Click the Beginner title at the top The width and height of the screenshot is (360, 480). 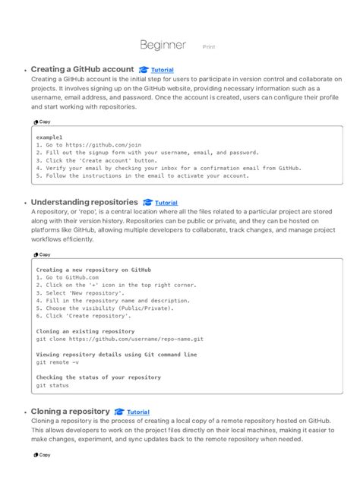(163, 46)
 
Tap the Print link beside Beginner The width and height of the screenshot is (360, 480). (209, 47)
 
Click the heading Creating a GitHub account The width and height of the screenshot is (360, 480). (83, 69)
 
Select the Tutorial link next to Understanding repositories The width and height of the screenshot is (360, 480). (166, 203)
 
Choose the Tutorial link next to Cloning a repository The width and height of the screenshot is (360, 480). (137, 412)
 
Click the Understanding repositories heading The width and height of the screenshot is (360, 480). (84, 202)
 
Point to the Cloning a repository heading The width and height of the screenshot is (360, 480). (70, 411)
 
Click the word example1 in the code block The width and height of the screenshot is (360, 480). (49, 137)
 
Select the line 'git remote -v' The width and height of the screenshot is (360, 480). (57, 362)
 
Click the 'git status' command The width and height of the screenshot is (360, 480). (52, 386)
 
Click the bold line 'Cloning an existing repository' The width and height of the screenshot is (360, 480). (85, 331)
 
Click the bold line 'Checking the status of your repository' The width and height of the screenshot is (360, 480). (99, 377)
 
